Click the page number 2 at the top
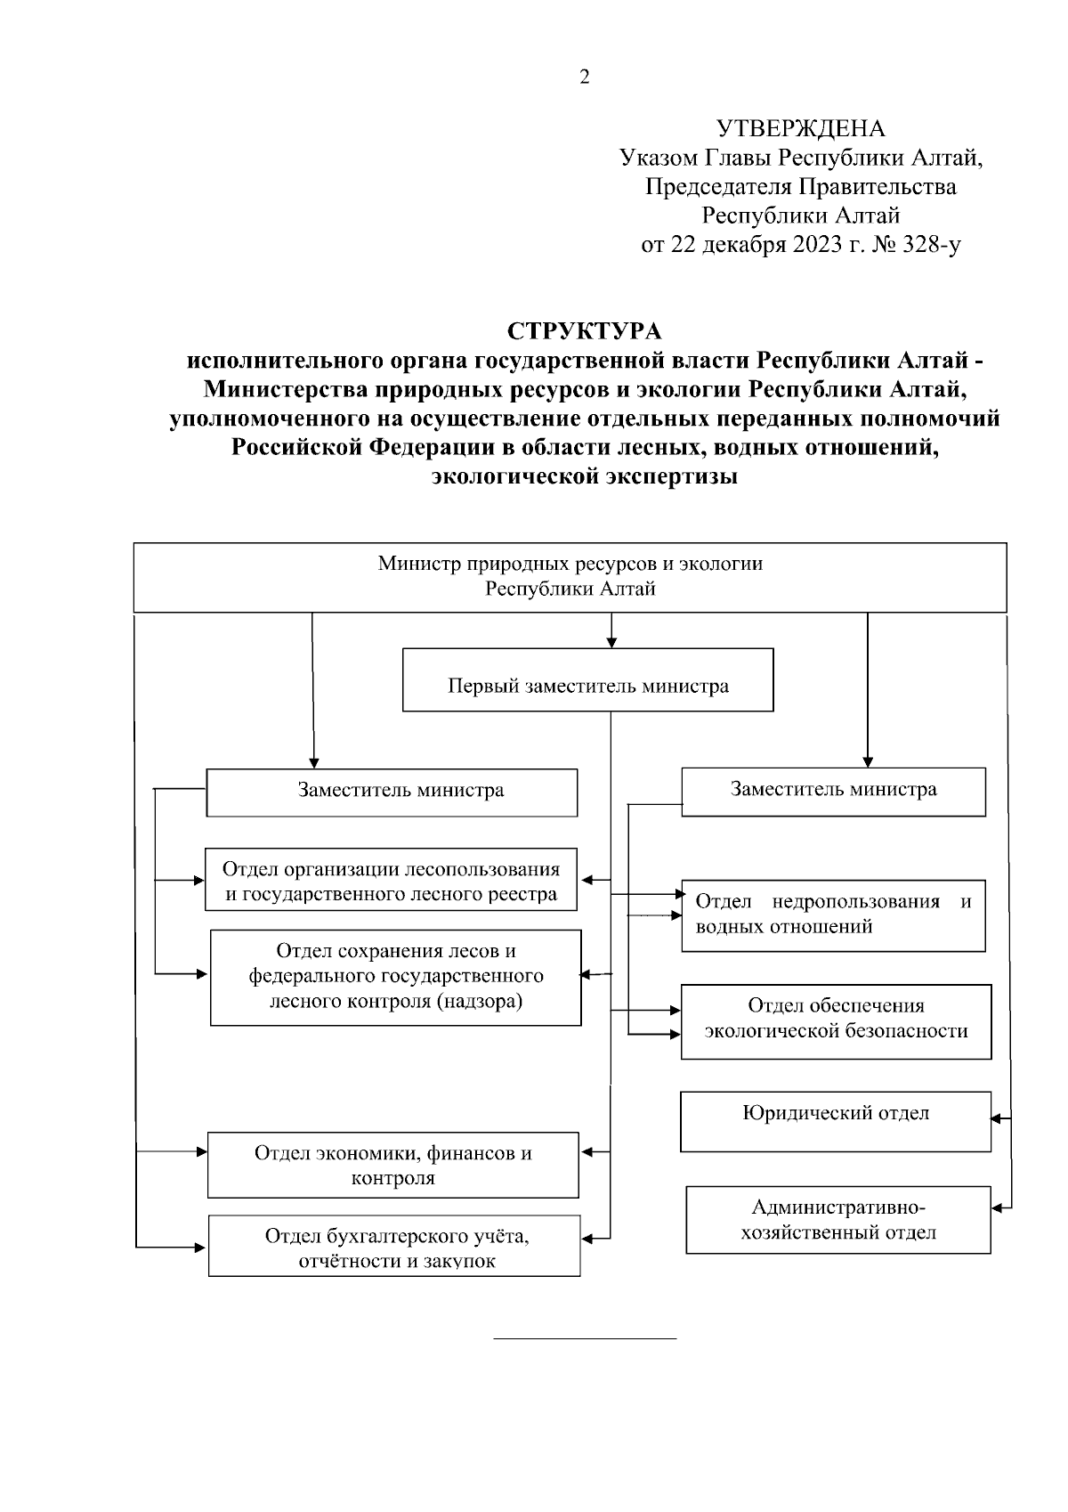(x=584, y=77)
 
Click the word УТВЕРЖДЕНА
(x=801, y=130)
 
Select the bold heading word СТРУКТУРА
(x=585, y=331)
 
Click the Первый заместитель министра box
(x=587, y=686)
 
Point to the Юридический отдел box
(x=835, y=1120)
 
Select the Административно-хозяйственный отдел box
(x=837, y=1220)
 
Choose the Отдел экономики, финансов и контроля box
(x=392, y=1165)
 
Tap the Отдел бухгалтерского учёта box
(x=394, y=1247)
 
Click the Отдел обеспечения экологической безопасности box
(x=836, y=1020)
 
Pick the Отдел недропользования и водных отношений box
(x=833, y=914)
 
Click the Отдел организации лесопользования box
(x=391, y=881)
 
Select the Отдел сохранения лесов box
(x=395, y=977)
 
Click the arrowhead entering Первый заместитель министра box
(x=611, y=642)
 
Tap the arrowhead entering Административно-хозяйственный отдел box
(x=997, y=1208)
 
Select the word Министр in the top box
(x=413, y=564)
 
